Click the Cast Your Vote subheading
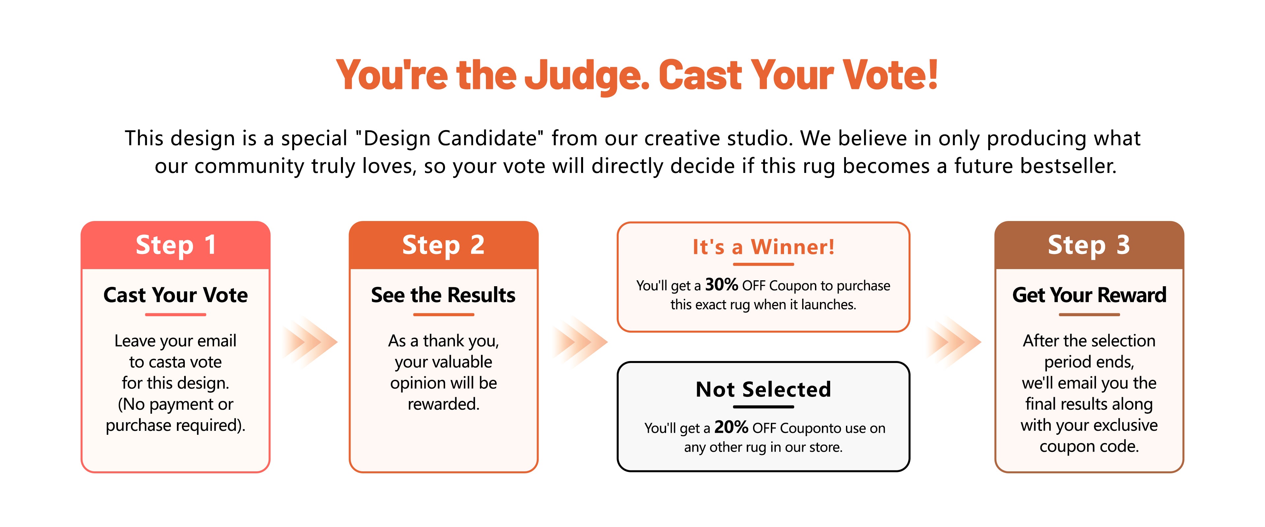[176, 295]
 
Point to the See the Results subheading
[443, 295]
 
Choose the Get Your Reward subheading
[1089, 295]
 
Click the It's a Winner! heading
[763, 247]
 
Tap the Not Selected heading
[763, 389]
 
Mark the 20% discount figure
[731, 427]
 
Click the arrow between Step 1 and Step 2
[310, 342]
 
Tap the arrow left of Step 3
[954, 342]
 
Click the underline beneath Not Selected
[763, 407]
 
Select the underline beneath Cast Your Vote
[176, 314]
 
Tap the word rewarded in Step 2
[443, 404]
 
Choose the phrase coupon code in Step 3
[1089, 446]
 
